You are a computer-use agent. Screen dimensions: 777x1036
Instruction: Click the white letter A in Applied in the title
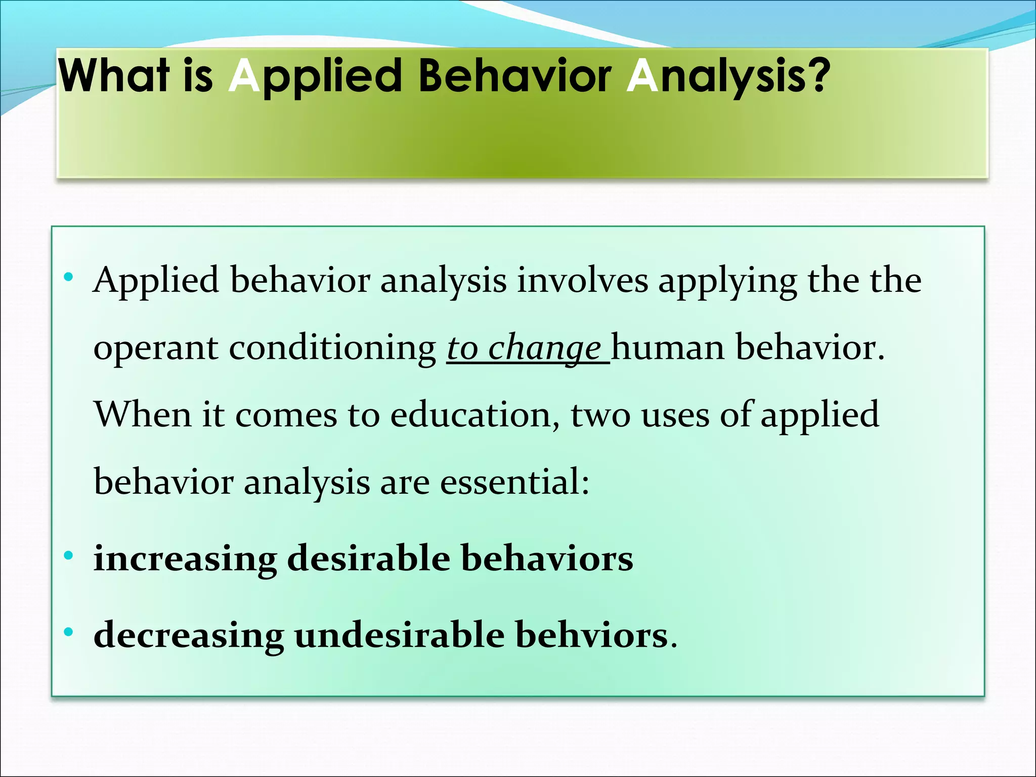244,76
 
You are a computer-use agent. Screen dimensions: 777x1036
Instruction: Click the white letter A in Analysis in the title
642,76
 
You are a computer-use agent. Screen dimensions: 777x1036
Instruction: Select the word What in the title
114,76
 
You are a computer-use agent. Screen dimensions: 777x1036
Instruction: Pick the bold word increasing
185,559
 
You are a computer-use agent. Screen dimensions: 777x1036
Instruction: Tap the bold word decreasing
189,636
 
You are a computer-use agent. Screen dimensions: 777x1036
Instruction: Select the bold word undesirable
400,635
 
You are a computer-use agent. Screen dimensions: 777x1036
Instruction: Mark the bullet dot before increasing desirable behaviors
69,556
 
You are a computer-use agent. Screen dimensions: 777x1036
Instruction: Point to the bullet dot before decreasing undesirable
69,632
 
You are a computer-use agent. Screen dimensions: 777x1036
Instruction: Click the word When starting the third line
143,415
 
